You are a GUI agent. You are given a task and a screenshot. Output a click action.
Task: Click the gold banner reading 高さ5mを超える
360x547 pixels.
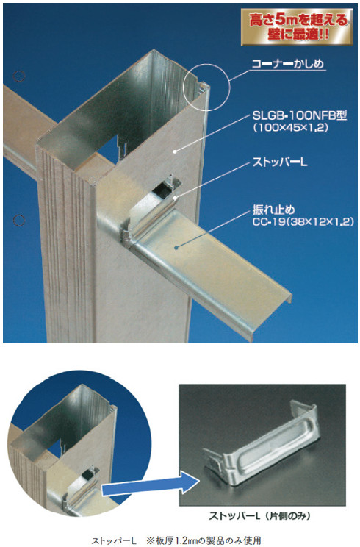click(297, 27)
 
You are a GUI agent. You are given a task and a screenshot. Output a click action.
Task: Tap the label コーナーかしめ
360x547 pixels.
click(288, 64)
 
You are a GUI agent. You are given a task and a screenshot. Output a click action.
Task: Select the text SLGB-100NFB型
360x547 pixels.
click(300, 115)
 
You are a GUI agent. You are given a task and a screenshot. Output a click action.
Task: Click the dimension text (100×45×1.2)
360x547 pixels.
click(291, 128)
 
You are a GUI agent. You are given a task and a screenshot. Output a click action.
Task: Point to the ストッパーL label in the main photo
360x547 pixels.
click(280, 162)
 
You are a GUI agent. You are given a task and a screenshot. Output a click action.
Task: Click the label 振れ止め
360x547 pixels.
click(273, 210)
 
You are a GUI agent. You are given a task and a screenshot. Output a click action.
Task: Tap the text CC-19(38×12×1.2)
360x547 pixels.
click(303, 221)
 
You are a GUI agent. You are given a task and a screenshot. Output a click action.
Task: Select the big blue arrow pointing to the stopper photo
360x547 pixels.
click(151, 483)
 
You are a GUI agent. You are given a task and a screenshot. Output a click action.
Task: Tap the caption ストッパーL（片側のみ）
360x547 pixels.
click(259, 516)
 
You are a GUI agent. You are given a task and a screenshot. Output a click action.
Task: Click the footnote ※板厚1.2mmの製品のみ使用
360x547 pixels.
click(204, 540)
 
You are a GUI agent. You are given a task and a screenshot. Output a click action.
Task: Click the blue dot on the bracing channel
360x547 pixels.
click(176, 248)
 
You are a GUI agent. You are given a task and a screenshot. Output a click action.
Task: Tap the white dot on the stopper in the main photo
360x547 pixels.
click(176, 199)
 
